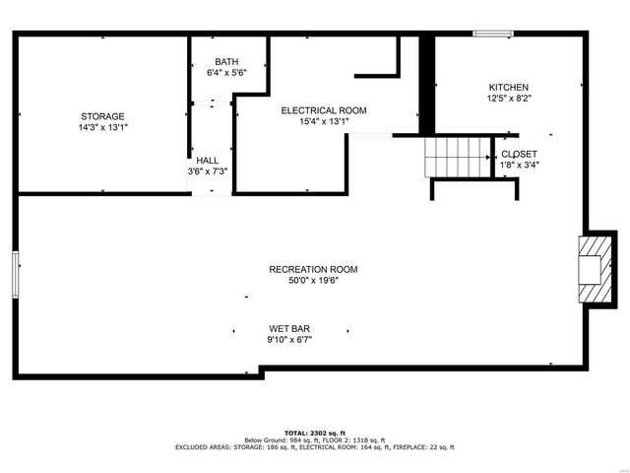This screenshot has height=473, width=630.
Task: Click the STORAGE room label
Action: click(x=102, y=116)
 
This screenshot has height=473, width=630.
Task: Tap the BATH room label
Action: click(x=226, y=62)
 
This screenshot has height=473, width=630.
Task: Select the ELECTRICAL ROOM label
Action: click(x=324, y=110)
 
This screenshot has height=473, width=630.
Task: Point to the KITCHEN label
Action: click(x=509, y=88)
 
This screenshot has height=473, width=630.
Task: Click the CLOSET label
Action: click(x=519, y=154)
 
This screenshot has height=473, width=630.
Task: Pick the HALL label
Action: click(x=208, y=161)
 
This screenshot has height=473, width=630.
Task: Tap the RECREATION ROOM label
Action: click(x=313, y=269)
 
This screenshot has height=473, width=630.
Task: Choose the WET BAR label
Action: click(x=289, y=329)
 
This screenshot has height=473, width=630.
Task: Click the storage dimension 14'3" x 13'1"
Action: click(x=103, y=128)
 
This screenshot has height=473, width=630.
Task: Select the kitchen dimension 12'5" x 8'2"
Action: click(x=510, y=99)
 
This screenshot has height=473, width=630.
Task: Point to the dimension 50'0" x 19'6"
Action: click(x=314, y=281)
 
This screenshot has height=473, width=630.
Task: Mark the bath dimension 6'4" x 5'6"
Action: click(x=226, y=73)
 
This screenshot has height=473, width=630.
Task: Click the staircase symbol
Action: click(x=458, y=158)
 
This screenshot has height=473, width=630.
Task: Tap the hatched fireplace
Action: click(x=596, y=269)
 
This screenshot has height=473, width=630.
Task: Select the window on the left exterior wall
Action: click(x=16, y=275)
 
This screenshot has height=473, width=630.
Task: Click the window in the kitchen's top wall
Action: click(x=493, y=34)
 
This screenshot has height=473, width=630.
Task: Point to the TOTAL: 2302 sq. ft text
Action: click(x=315, y=434)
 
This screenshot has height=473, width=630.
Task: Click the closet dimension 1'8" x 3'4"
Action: click(x=520, y=165)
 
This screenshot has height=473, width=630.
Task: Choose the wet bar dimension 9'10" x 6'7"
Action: click(x=289, y=340)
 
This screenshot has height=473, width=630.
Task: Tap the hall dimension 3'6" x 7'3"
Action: click(x=208, y=171)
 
